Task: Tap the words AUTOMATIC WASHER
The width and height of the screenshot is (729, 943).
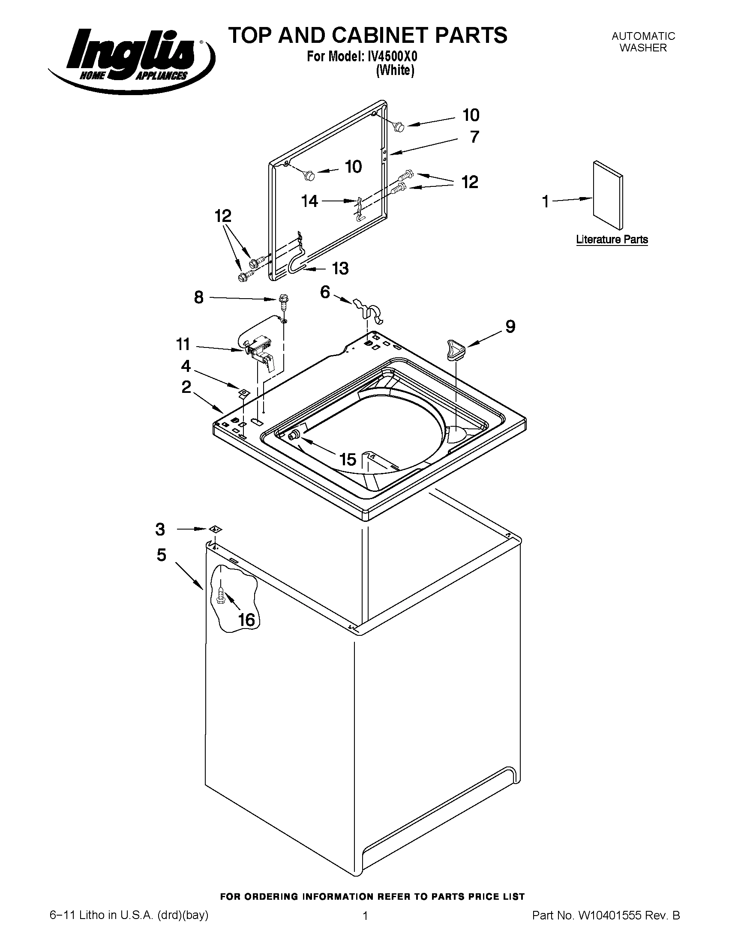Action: [643, 42]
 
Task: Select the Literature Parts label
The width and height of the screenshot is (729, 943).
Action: [612, 239]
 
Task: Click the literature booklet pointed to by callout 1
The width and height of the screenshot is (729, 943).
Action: [608, 195]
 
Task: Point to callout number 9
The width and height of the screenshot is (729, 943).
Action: [510, 327]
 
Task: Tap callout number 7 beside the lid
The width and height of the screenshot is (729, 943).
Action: [474, 137]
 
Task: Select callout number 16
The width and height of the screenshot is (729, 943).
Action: [246, 620]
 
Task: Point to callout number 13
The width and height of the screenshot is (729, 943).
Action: [340, 269]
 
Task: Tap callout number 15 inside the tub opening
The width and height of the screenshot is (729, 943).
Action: [348, 459]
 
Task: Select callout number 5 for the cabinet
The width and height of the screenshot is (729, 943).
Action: [161, 555]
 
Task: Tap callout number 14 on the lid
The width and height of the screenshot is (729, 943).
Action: [310, 201]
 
